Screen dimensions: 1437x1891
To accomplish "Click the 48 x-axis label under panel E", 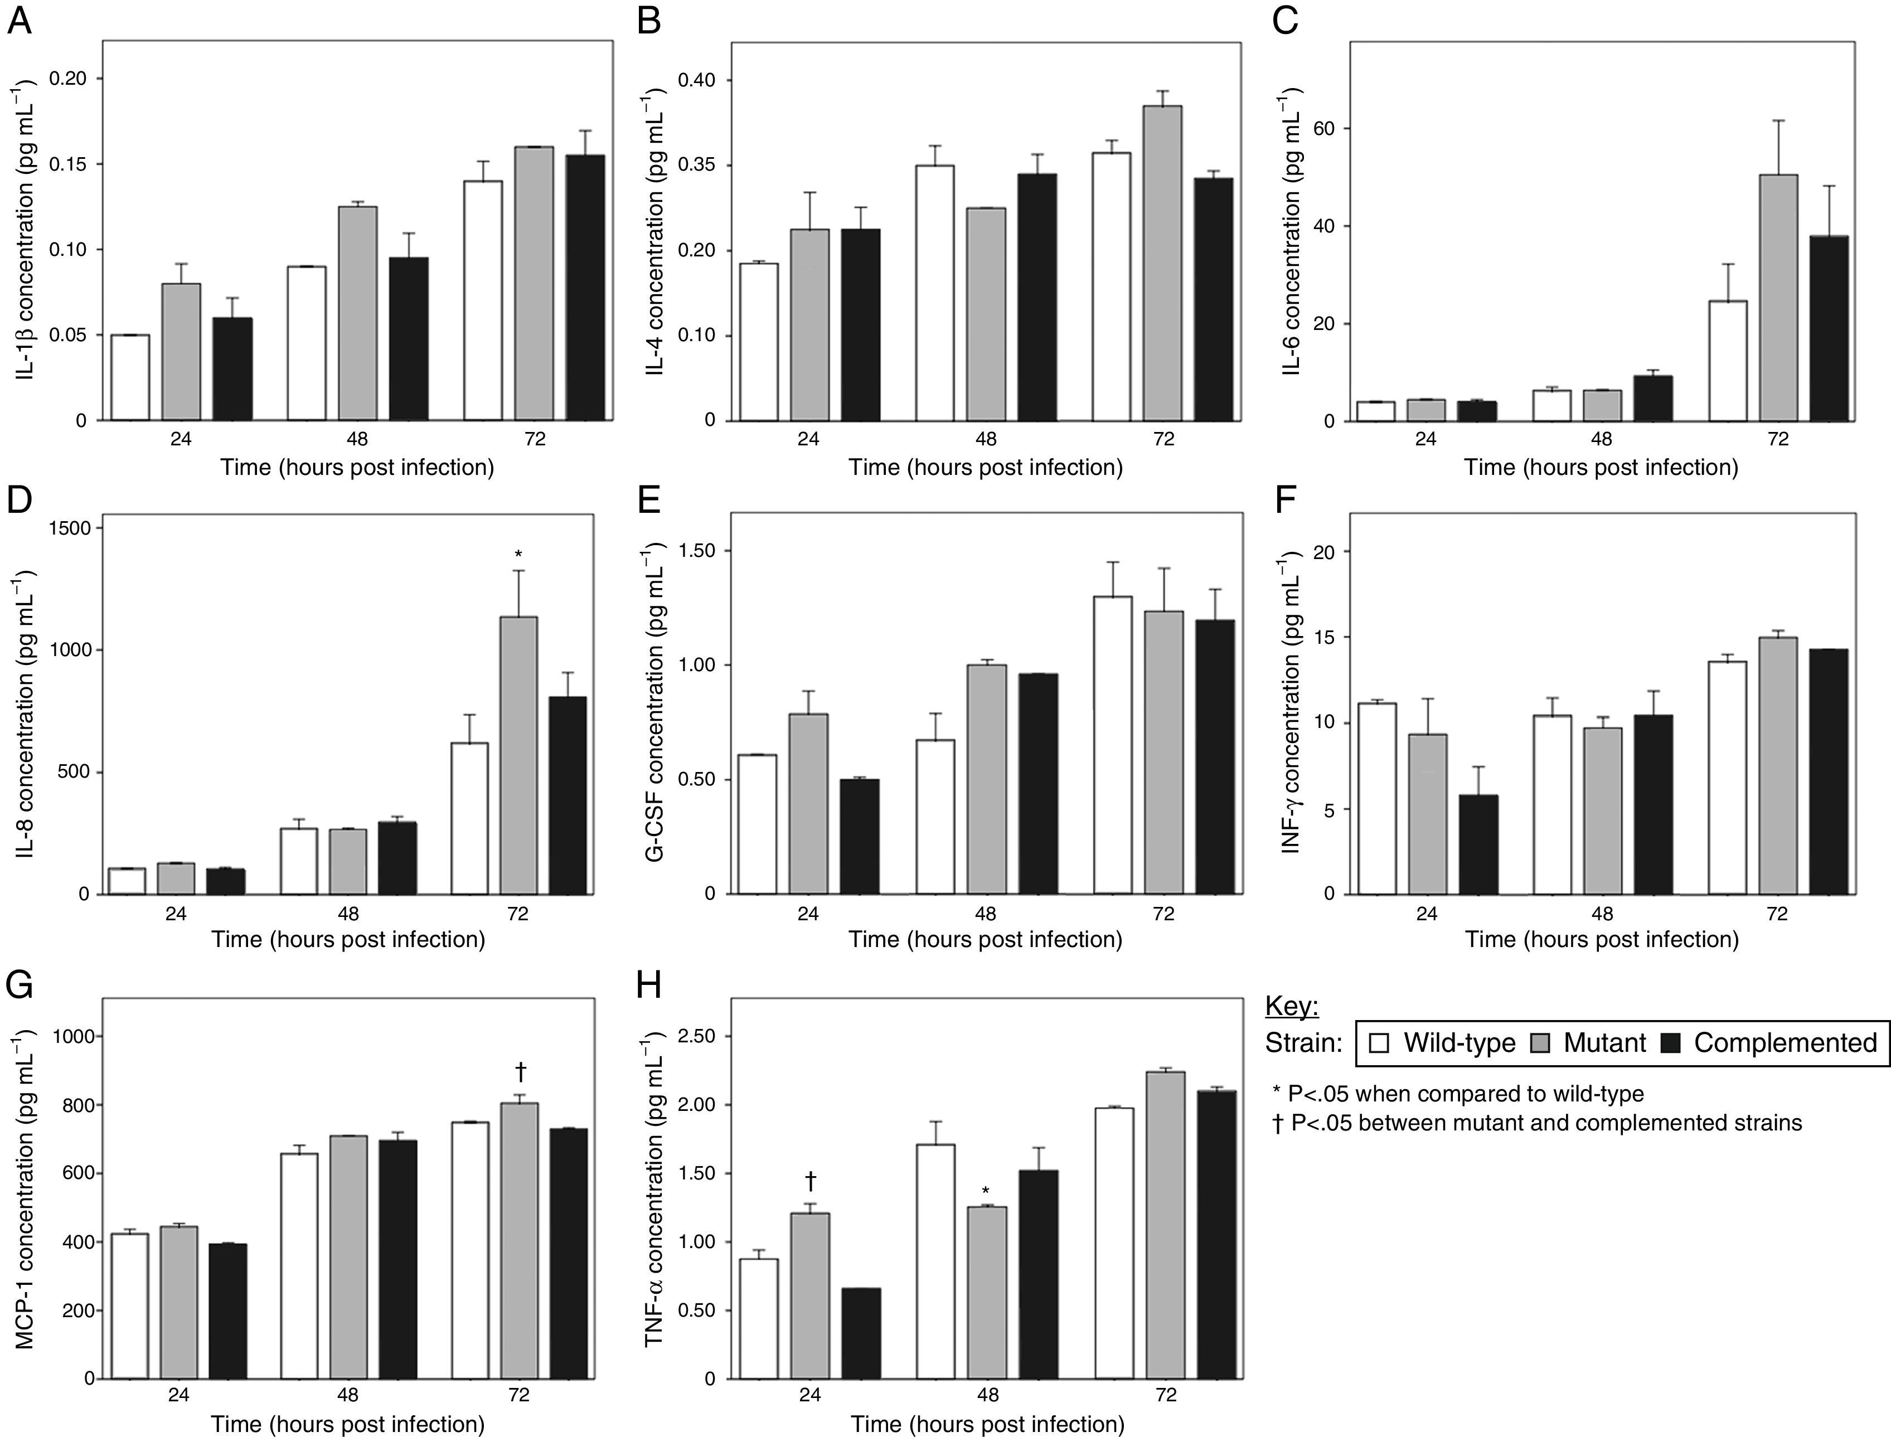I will coord(985,914).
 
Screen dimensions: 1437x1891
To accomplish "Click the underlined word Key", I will coord(1292,1007).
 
